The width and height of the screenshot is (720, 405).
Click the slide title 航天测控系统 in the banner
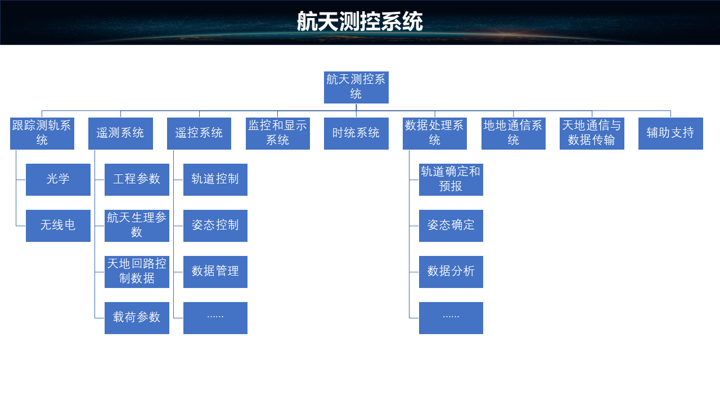(360, 22)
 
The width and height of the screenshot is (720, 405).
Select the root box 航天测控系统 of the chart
(356, 87)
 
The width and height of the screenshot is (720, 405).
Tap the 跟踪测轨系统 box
(42, 133)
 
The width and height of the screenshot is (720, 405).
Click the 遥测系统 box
(120, 133)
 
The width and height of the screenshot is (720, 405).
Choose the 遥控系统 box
(199, 133)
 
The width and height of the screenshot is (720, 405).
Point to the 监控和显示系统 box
(278, 133)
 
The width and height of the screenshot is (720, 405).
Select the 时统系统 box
(356, 133)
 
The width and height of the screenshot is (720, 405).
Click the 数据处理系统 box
(435, 133)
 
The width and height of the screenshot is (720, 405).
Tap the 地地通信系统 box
(514, 133)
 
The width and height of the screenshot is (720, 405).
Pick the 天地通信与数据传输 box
(592, 133)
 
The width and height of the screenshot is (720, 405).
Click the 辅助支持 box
(670, 133)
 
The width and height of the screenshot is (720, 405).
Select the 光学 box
(58, 179)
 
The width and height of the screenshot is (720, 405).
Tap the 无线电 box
(58, 226)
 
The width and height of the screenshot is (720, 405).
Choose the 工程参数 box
(137, 179)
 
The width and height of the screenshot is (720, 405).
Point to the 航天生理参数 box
(137, 226)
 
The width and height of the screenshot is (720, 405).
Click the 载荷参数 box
(137, 318)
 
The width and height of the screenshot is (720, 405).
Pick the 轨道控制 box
(215, 179)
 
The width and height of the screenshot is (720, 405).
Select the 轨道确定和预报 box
(451, 179)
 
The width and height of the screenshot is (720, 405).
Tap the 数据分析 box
(451, 272)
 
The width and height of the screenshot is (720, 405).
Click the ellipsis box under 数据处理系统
(451, 318)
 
